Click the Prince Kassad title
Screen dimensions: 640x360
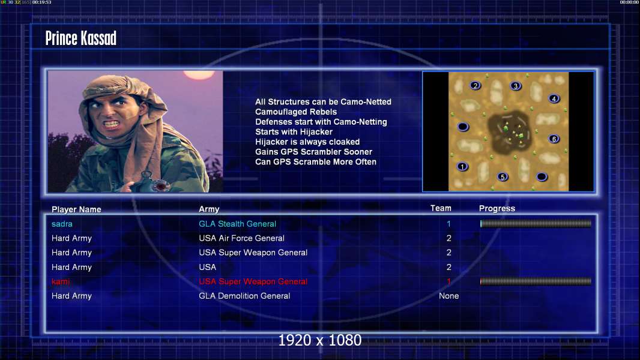(81, 38)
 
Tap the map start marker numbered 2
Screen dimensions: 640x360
(475, 86)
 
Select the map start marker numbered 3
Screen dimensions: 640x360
(516, 86)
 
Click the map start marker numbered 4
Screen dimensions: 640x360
(554, 98)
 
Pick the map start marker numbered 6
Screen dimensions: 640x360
(554, 139)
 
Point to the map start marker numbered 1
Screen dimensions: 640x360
(462, 167)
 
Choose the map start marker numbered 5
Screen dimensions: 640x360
(503, 177)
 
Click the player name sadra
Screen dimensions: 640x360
(62, 224)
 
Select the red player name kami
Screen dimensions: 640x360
(61, 281)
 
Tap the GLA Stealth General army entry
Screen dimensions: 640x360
(238, 224)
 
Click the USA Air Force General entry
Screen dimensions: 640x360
(241, 238)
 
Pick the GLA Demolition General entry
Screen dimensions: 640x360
(244, 296)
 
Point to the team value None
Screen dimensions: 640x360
(448, 296)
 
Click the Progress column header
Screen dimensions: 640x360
(497, 208)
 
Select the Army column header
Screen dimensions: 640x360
(209, 209)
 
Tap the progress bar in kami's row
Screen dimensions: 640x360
(536, 281)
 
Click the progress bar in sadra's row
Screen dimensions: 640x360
(536, 223)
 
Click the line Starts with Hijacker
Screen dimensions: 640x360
(294, 131)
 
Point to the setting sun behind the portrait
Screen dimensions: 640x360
(199, 74)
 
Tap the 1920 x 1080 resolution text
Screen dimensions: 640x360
(320, 340)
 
